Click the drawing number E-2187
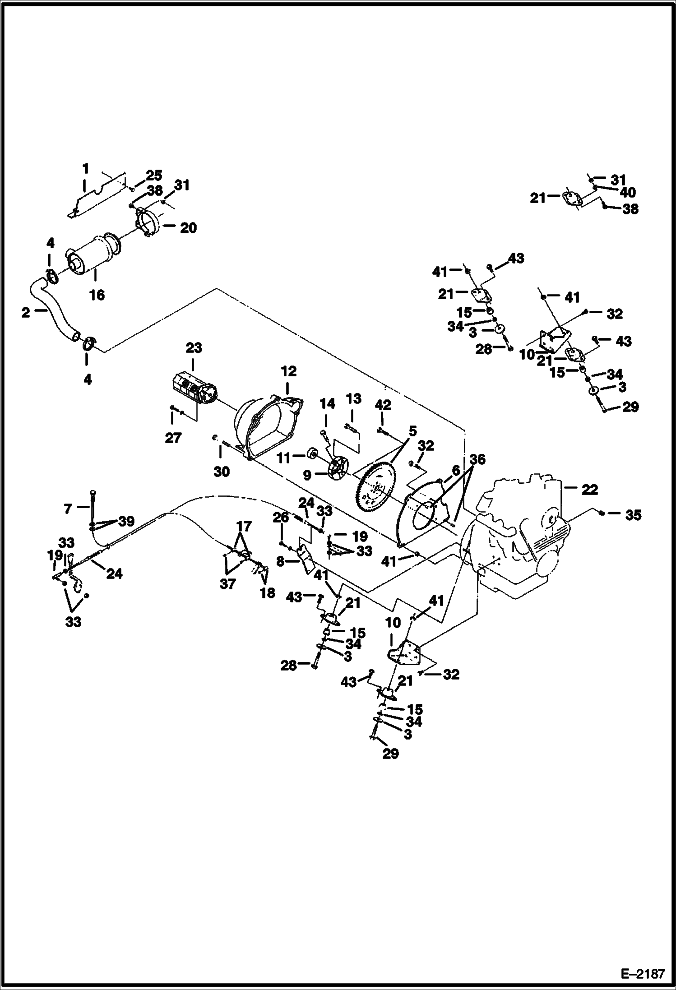(x=643, y=973)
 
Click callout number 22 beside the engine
(x=589, y=490)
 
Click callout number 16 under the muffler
(x=97, y=295)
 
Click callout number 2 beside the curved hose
(x=26, y=312)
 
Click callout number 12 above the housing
(x=289, y=371)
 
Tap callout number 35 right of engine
(x=633, y=515)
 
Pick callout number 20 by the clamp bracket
(x=188, y=228)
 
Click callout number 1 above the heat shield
(x=85, y=169)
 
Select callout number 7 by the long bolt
(x=68, y=509)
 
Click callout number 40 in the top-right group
(x=628, y=193)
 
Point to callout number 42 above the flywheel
(x=383, y=405)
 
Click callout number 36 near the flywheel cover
(x=477, y=459)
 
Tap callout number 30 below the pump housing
(x=222, y=471)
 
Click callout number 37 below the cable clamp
(x=227, y=584)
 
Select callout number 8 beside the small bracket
(x=280, y=562)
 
